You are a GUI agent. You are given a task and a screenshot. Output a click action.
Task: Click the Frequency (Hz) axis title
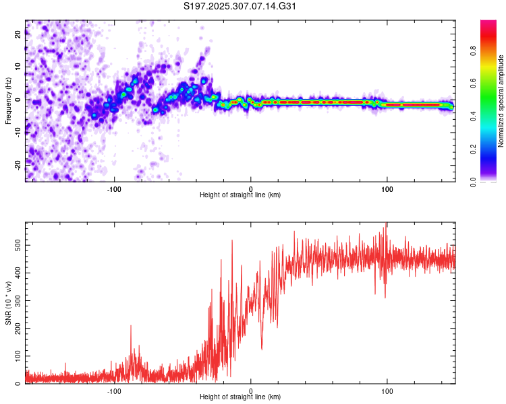[x=8, y=101]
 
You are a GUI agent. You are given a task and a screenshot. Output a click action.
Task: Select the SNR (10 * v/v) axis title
[x=8, y=304]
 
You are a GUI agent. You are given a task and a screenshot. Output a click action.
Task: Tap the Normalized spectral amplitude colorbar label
[x=501, y=101]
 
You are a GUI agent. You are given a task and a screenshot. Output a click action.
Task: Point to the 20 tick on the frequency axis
[x=18, y=36]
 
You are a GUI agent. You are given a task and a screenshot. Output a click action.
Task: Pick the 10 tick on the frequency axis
[x=18, y=68]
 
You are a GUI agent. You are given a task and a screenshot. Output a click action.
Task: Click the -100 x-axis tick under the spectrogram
[x=114, y=189]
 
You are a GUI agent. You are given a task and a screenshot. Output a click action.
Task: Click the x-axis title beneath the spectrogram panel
[x=240, y=195]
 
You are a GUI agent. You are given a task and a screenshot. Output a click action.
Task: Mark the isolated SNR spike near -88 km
[x=131, y=327]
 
